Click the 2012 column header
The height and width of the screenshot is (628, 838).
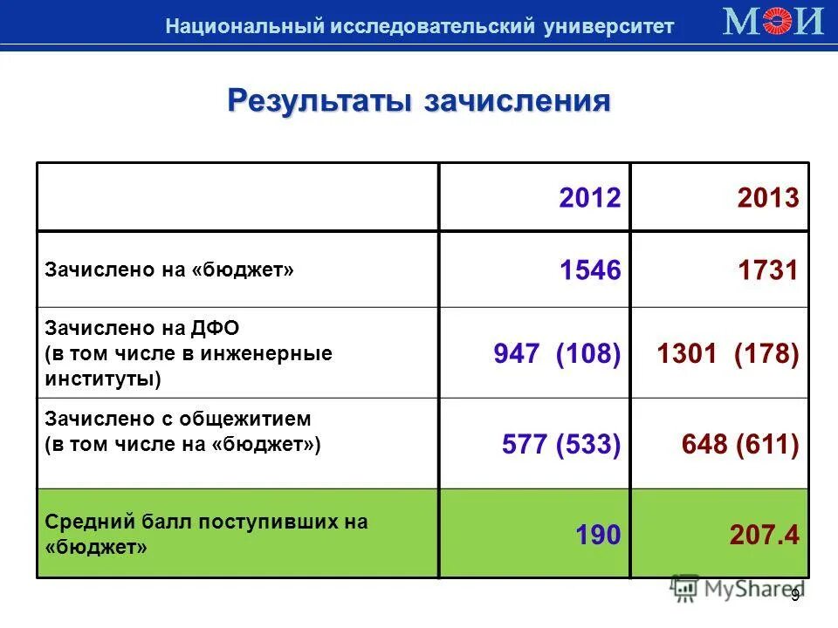click(x=590, y=199)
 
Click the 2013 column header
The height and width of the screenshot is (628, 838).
click(x=767, y=199)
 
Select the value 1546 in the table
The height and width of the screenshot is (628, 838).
click(x=590, y=271)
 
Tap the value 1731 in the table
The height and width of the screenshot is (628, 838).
click(x=767, y=271)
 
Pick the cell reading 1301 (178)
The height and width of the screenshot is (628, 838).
click(x=727, y=354)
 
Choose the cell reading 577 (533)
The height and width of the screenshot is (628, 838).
click(x=561, y=445)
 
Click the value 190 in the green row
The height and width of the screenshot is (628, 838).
click(x=598, y=535)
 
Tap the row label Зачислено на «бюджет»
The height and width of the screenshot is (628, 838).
click(x=169, y=271)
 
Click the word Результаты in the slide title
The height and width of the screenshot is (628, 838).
click(x=319, y=100)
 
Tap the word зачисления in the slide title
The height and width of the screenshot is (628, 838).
click(x=517, y=100)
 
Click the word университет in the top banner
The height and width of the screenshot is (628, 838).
click(x=608, y=26)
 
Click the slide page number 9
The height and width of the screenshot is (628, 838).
click(x=795, y=595)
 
